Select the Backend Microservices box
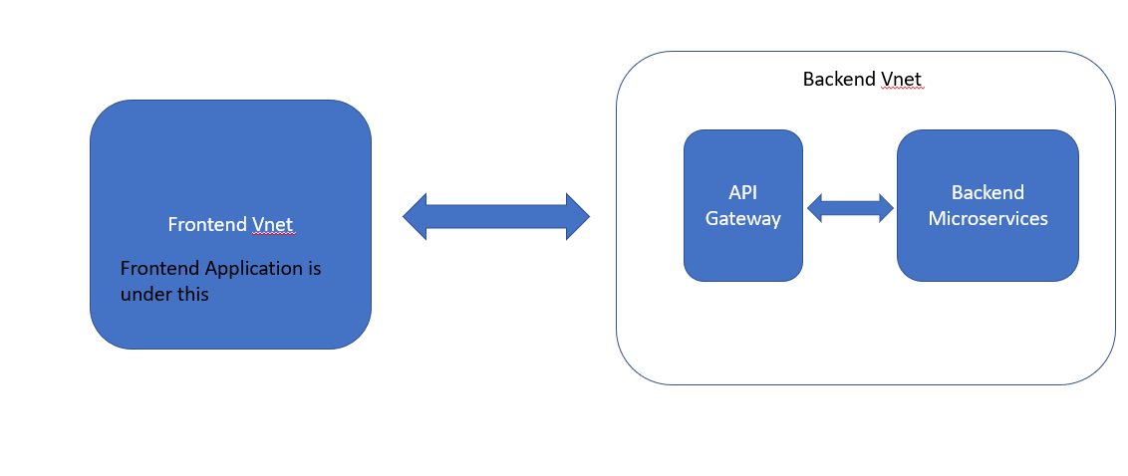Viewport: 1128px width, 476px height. pyautogui.click(x=987, y=249)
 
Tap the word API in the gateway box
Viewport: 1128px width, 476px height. pyautogui.click(x=743, y=192)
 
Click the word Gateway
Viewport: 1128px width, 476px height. pyautogui.click(x=743, y=218)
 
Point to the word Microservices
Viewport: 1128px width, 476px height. pyautogui.click(x=987, y=218)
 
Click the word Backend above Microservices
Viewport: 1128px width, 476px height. pyautogui.click(x=987, y=192)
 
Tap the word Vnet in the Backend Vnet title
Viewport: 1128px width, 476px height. pyautogui.click(x=903, y=79)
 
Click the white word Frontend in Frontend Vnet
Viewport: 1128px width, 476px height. pyautogui.click(x=207, y=224)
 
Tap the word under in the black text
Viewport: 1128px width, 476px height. pyautogui.click(x=144, y=294)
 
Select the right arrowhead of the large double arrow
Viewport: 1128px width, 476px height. pyautogui.click(x=577, y=216)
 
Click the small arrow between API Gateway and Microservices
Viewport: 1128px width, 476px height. pyautogui.click(x=850, y=207)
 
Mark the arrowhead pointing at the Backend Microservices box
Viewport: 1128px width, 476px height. pyautogui.click(x=885, y=207)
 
